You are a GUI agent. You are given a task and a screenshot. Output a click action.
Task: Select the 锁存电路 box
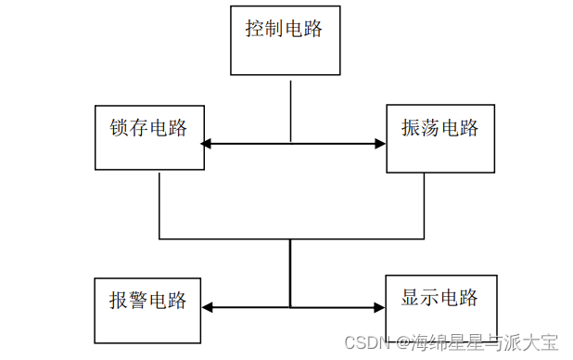[149, 138]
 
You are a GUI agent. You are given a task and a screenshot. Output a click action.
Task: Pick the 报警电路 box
[147, 308]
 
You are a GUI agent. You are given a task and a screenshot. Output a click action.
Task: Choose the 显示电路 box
[439, 306]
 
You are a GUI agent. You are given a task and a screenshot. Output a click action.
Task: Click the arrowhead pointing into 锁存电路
[208, 144]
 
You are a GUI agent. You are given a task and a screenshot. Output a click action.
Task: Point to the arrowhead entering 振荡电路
[379, 144]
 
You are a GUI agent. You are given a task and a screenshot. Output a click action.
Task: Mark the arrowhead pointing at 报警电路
[207, 307]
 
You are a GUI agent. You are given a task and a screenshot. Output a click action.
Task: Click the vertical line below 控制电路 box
[291, 109]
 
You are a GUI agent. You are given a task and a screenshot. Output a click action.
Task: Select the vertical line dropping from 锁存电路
[159, 204]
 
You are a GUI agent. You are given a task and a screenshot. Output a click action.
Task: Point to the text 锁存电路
[148, 127]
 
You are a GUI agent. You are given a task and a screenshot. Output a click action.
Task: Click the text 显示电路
[439, 297]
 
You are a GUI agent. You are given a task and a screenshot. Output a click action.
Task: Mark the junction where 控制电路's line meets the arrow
[291, 144]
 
